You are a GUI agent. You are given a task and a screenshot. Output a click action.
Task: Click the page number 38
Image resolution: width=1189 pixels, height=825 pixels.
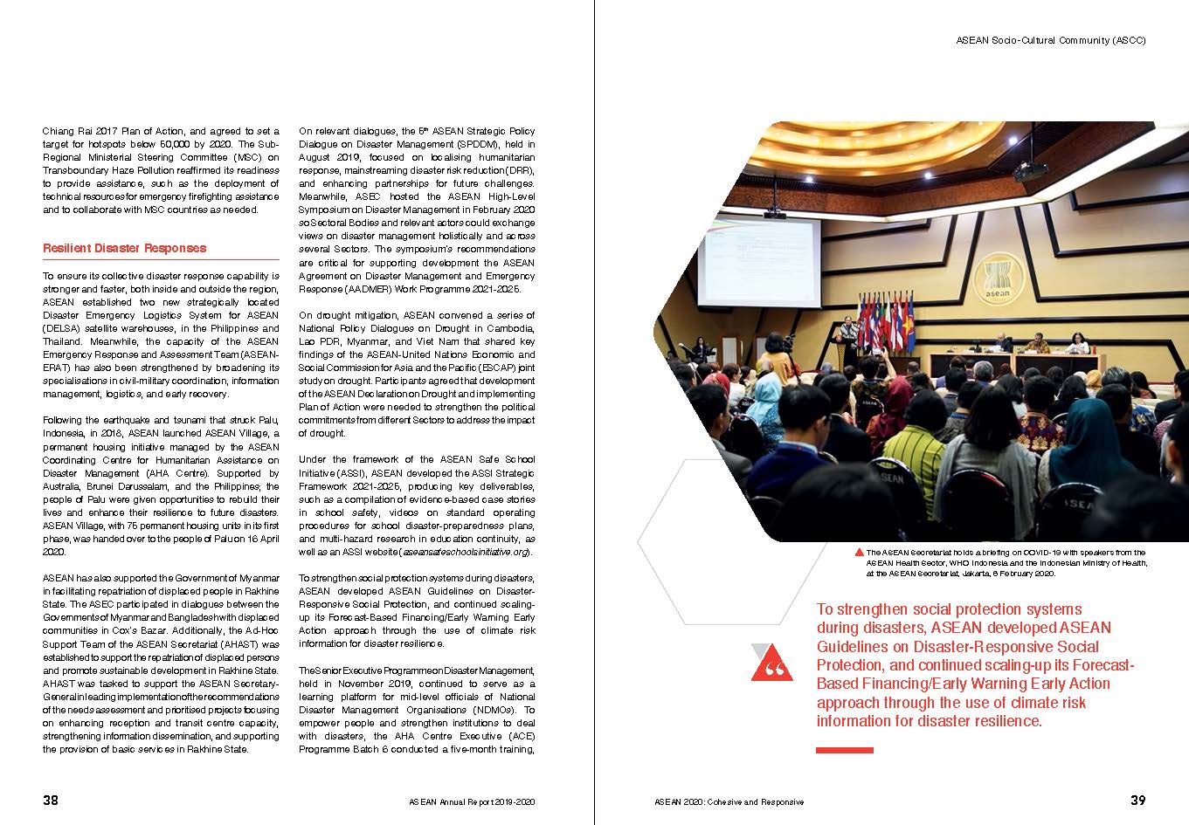click(x=51, y=800)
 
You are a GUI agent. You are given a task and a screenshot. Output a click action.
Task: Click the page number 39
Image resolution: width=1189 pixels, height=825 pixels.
click(x=1137, y=800)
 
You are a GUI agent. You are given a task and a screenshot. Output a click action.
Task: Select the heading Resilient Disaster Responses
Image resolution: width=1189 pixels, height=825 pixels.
click(x=125, y=248)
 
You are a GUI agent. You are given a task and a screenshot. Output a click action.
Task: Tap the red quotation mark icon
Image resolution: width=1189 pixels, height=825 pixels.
click(x=772, y=663)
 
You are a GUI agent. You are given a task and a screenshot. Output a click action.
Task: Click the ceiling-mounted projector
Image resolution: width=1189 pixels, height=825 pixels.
click(x=1031, y=170)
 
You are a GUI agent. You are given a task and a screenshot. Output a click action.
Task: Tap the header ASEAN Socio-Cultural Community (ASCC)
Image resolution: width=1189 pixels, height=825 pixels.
click(x=1050, y=40)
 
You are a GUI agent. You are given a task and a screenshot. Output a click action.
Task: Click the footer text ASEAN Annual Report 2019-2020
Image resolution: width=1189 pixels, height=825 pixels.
click(x=471, y=801)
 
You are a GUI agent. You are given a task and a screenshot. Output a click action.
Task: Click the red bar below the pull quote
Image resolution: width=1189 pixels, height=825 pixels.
click(x=844, y=750)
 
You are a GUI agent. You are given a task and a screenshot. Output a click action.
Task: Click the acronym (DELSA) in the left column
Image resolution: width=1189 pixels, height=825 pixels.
click(x=62, y=328)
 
